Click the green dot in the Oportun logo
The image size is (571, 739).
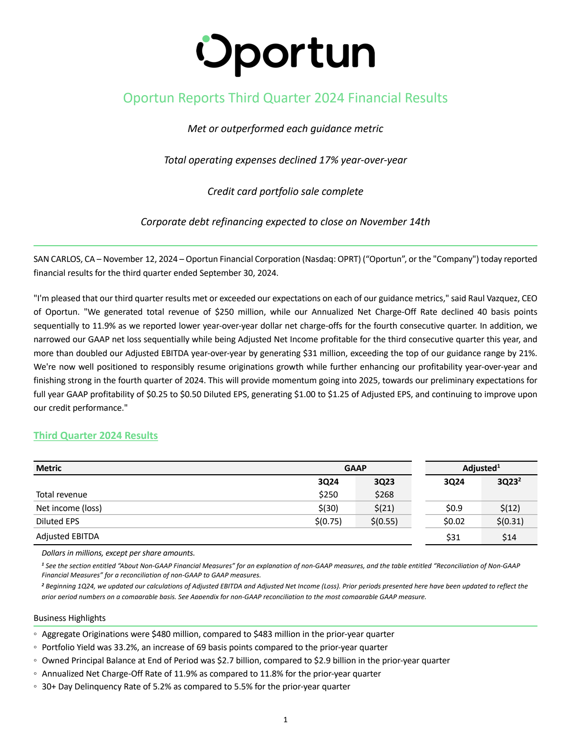tap(206, 39)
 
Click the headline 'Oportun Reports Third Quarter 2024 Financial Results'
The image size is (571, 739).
tap(285, 98)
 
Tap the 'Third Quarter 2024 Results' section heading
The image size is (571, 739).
tap(96, 436)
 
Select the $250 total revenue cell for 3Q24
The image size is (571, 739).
tap(328, 495)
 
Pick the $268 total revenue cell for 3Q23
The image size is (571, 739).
tap(384, 495)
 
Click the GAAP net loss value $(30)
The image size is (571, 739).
tap(328, 508)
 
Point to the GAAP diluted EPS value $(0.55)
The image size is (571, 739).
tap(384, 521)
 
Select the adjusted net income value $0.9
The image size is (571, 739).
tap(454, 508)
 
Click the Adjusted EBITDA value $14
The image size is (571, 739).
tap(509, 537)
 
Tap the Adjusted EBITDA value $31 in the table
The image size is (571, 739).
tap(454, 537)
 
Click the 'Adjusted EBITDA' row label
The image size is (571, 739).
tap(67, 536)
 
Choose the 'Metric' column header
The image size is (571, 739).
tap(49, 468)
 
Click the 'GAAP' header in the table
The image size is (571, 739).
tap(355, 468)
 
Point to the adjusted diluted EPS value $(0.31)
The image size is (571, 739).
tap(509, 521)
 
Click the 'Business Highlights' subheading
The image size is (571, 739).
tap(70, 618)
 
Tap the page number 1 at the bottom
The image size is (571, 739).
tap(285, 720)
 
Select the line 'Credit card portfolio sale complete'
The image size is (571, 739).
tap(285, 192)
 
